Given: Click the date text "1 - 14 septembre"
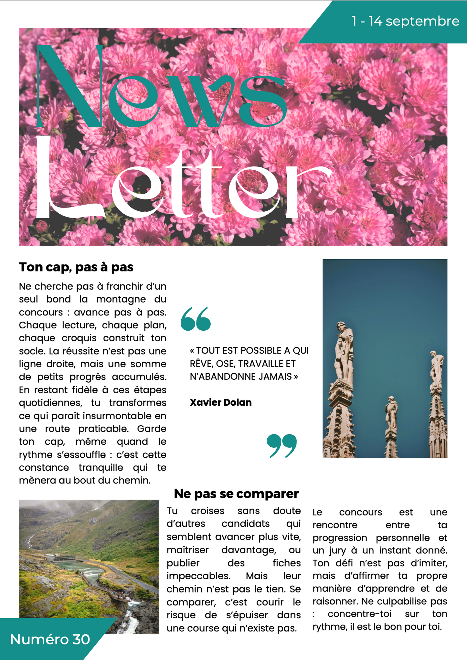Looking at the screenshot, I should pyautogui.click(x=405, y=21).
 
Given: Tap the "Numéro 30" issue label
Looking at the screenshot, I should pyautogui.click(x=50, y=639).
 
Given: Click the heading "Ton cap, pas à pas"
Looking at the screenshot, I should pyautogui.click(x=76, y=267).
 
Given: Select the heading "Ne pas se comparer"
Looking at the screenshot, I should pyautogui.click(x=236, y=494).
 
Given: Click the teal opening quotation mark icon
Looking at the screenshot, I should pyautogui.click(x=196, y=319).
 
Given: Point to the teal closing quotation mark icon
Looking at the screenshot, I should pyautogui.click(x=281, y=446).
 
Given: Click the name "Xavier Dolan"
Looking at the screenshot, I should pyautogui.click(x=220, y=402).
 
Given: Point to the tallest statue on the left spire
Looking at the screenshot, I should pyautogui.click(x=343, y=351).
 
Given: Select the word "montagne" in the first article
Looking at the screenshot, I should pyautogui.click(x=121, y=299).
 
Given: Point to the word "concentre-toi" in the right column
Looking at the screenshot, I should pyautogui.click(x=359, y=614).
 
